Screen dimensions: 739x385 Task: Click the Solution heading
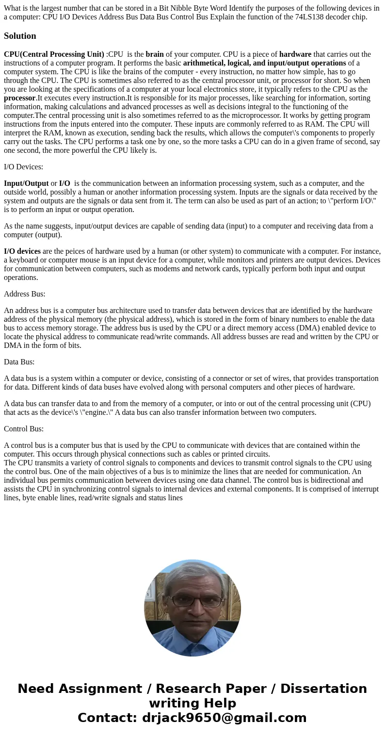tap(20, 36)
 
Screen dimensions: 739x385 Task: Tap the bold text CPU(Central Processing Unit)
tap(54, 54)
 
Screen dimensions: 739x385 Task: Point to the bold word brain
tap(154, 54)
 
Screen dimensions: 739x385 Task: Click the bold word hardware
tap(295, 54)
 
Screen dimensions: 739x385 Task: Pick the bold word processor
tap(20, 98)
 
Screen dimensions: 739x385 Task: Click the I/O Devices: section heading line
tap(23, 167)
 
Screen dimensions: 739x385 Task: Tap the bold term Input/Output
tap(26, 183)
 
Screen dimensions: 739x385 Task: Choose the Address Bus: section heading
tap(24, 294)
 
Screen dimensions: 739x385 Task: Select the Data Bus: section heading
tap(19, 362)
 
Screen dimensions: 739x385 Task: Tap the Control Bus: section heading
tap(24, 429)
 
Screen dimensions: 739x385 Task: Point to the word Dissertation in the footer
tap(323, 689)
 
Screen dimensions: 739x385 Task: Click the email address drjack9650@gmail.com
tap(224, 718)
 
